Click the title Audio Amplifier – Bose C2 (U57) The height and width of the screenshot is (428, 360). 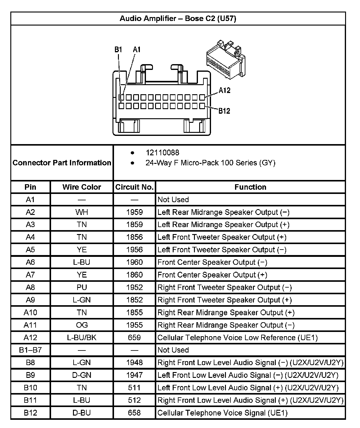click(x=178, y=19)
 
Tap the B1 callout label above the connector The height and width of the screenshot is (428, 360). click(x=118, y=50)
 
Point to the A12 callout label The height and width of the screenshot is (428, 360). click(x=224, y=90)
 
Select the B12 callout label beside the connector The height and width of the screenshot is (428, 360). click(x=224, y=111)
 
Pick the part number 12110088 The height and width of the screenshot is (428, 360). click(x=162, y=153)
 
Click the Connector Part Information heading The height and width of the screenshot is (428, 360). click(x=62, y=163)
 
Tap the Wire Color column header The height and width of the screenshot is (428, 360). click(x=81, y=187)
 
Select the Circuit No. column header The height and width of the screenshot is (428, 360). click(x=134, y=187)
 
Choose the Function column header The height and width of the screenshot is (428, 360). click(x=250, y=187)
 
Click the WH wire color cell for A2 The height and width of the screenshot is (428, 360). click(x=81, y=212)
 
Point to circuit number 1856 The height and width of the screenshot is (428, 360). click(x=134, y=237)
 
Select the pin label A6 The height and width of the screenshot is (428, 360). click(x=30, y=262)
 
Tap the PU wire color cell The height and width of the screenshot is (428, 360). click(x=81, y=287)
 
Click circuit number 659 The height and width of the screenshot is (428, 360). click(x=134, y=337)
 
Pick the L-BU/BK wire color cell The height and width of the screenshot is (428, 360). click(x=81, y=337)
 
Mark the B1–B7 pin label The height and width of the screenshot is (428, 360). click(x=30, y=350)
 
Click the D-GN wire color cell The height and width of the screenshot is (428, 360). click(x=81, y=375)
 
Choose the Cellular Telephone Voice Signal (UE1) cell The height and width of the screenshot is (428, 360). click(x=222, y=413)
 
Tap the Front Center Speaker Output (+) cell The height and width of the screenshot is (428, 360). click(x=212, y=275)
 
